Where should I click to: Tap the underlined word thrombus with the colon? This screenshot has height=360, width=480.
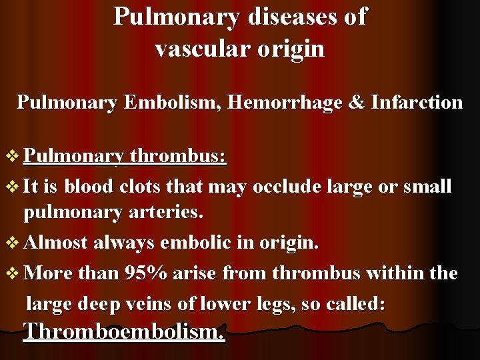pyautogui.click(x=178, y=157)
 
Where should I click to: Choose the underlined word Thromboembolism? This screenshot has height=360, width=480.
pyautogui.click(x=125, y=331)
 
